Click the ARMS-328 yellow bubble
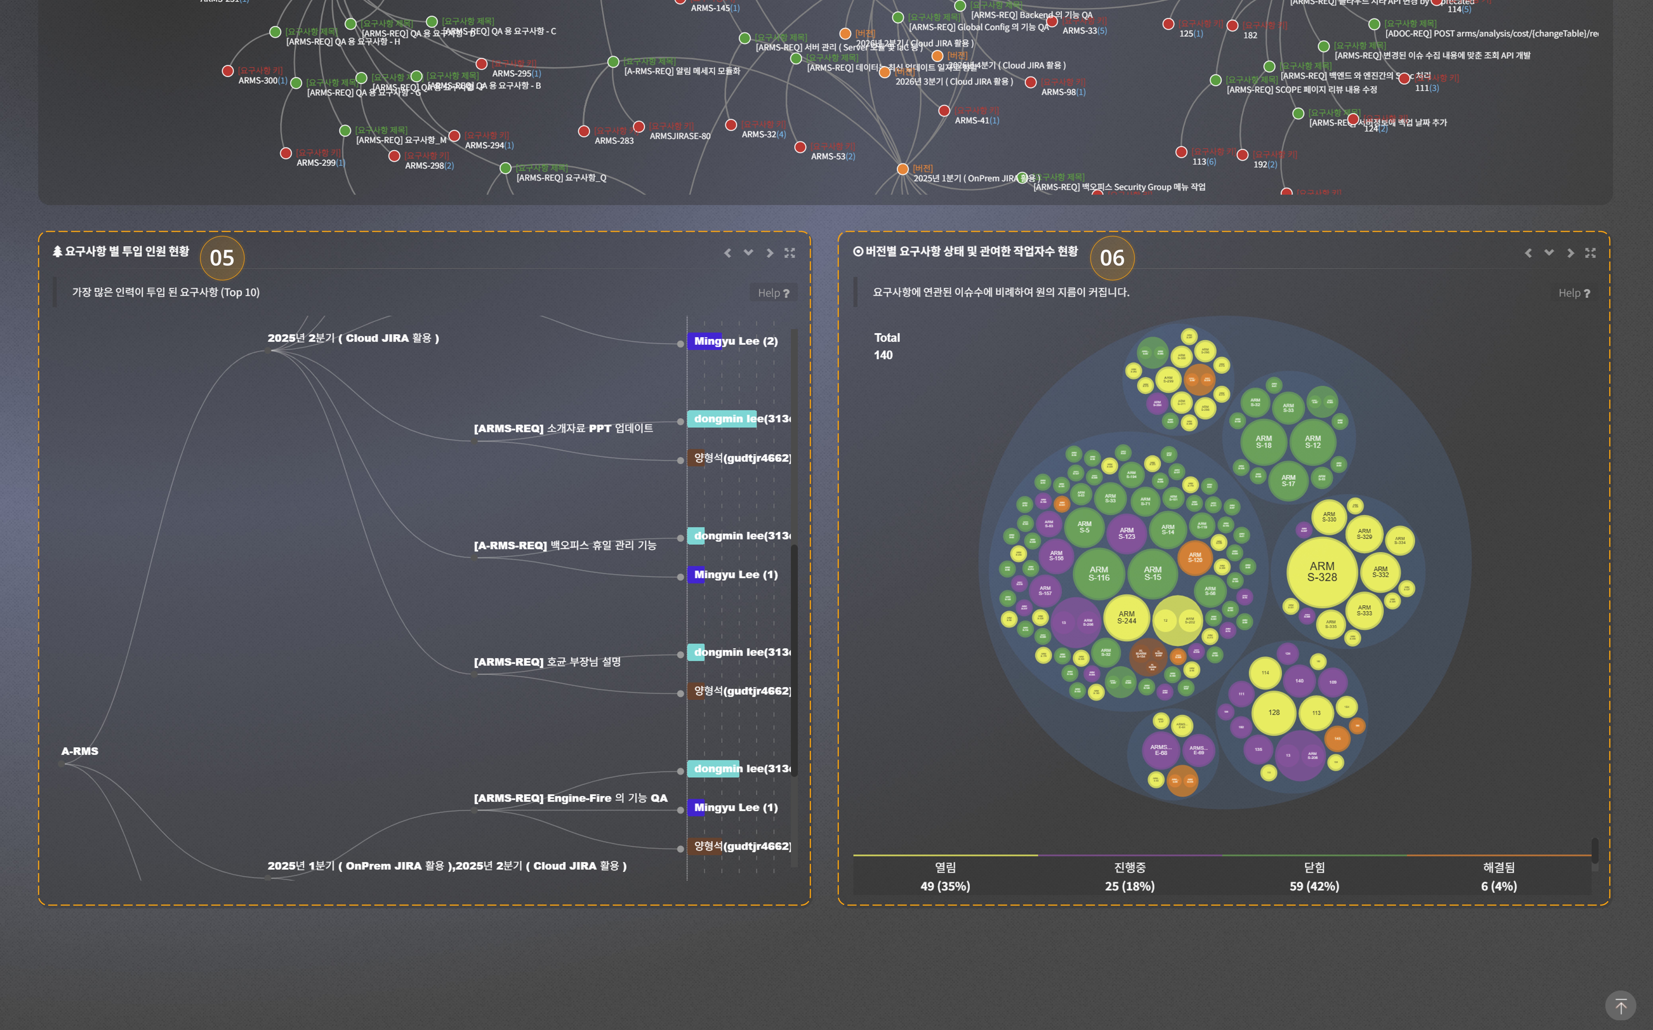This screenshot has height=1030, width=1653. point(1321,571)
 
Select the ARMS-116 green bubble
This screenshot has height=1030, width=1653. point(1098,574)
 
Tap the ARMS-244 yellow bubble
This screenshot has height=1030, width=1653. point(1126,617)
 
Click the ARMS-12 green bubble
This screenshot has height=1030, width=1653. point(1312,442)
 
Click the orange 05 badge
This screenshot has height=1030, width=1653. point(222,258)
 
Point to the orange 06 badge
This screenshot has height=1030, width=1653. point(1112,258)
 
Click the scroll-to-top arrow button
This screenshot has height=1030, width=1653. point(1620,1005)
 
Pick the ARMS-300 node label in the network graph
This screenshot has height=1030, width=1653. point(257,80)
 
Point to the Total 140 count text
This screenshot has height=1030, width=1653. point(886,346)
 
